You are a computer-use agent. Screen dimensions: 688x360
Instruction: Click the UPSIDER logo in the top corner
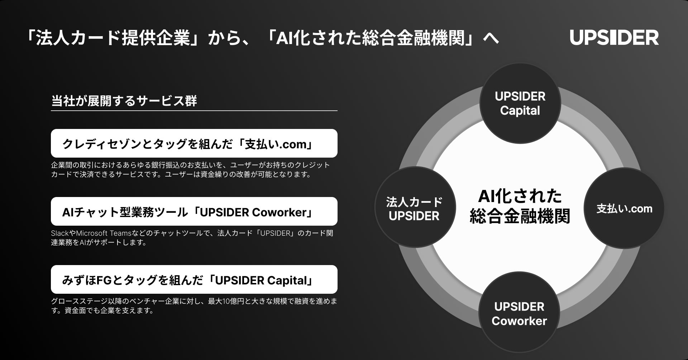[614, 38]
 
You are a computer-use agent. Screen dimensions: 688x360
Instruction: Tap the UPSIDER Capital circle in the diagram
[520, 104]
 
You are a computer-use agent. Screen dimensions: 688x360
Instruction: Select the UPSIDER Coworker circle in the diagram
[519, 313]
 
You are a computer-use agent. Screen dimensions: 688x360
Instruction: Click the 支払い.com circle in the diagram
[624, 208]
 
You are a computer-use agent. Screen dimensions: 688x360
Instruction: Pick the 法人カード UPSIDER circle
[414, 209]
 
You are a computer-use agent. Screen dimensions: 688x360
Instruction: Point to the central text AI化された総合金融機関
[520, 206]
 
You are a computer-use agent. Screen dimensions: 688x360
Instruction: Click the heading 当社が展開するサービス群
[124, 101]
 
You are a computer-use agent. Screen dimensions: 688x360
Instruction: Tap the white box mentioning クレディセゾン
[194, 143]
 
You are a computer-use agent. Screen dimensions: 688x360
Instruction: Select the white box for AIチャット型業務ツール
[194, 211]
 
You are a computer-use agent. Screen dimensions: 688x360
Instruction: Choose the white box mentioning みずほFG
[194, 279]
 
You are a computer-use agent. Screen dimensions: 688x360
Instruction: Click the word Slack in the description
[59, 233]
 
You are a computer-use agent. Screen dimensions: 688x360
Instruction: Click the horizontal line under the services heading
[194, 111]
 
